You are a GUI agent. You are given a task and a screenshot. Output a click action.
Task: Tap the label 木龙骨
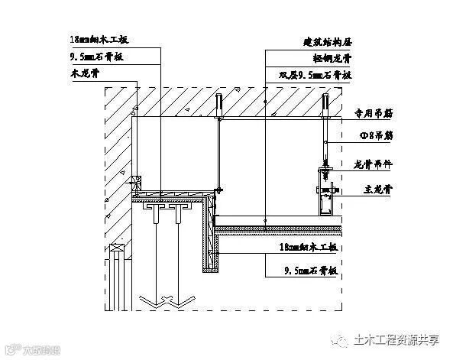coord(79,75)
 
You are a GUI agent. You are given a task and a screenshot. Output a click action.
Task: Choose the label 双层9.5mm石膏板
coord(315,75)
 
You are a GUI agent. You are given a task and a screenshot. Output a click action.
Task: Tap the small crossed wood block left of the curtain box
coord(138,183)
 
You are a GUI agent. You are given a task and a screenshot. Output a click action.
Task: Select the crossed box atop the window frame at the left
coord(117,248)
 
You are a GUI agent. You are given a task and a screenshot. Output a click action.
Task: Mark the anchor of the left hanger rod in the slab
coord(218,105)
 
